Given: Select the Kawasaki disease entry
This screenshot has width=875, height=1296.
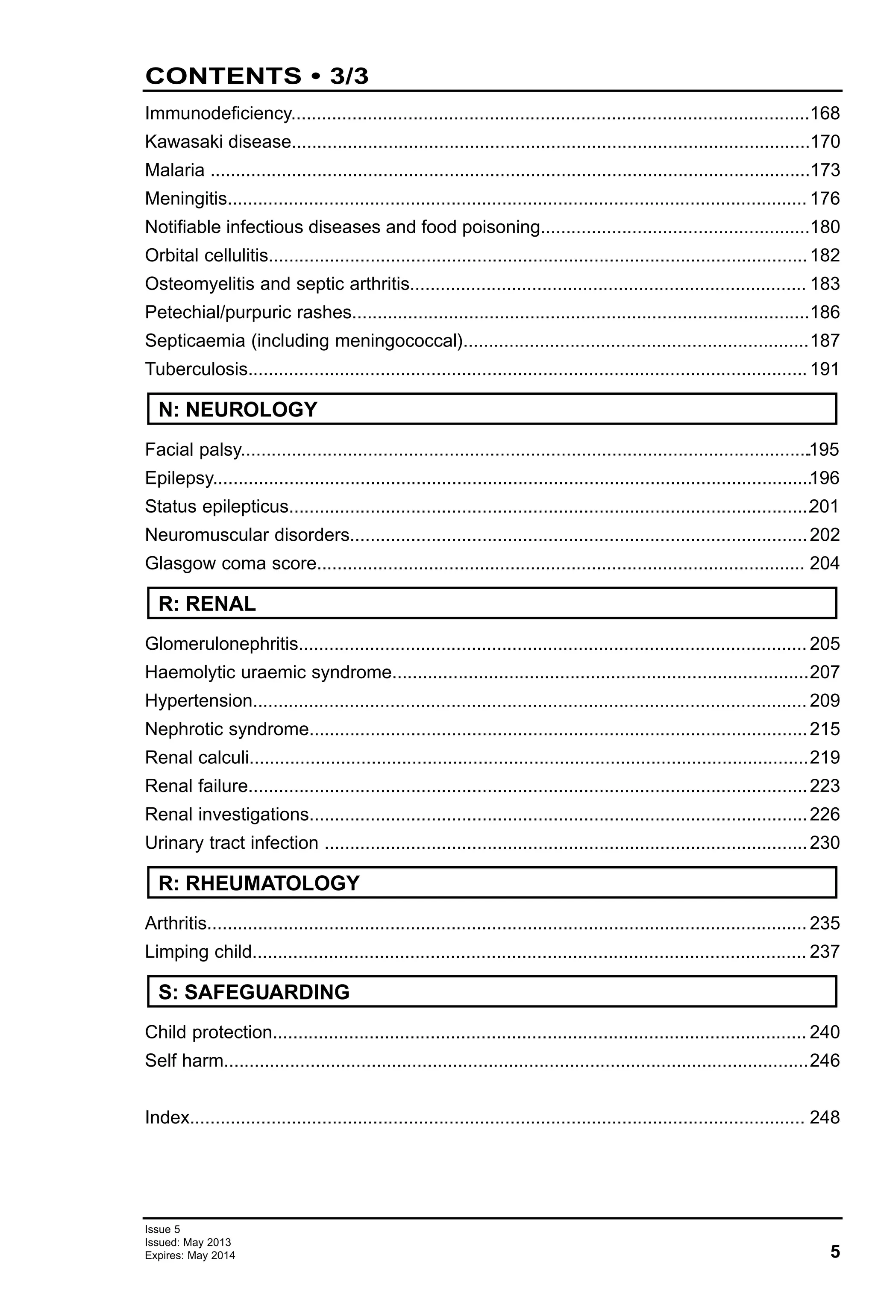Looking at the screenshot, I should point(217,142).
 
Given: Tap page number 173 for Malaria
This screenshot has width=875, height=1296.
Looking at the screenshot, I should point(824,170).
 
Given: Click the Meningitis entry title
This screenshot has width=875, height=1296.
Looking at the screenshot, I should point(186,199).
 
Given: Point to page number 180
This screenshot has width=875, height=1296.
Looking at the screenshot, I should point(824,227).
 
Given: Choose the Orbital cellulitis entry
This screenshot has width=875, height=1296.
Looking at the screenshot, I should point(206,255).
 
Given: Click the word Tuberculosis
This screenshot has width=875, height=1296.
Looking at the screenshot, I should point(196,369).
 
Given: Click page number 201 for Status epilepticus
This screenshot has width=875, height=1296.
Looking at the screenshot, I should point(824,506).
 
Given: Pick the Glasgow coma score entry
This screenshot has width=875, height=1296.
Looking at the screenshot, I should point(230,563).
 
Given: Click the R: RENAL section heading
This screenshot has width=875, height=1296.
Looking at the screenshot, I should point(207,604).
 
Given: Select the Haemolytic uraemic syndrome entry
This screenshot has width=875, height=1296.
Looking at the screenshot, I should point(268,672).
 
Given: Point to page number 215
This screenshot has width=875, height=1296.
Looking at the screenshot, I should point(824,729).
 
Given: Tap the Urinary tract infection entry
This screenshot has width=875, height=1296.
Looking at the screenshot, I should point(232,843).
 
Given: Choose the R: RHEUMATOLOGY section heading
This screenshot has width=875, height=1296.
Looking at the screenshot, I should point(259,883).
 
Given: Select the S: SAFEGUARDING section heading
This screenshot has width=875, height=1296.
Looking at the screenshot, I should point(254,991).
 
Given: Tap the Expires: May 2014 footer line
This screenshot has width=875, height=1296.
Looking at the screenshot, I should point(190,1256).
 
